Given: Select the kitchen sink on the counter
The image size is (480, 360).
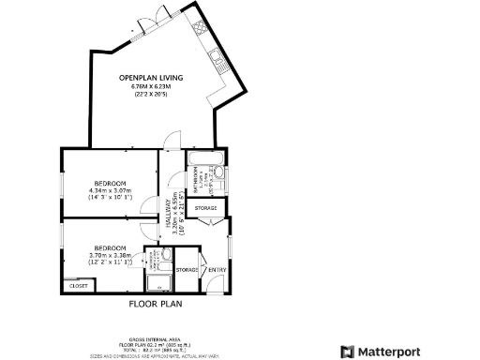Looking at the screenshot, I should click(218, 64).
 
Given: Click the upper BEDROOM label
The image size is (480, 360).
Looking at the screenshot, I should click(111, 182).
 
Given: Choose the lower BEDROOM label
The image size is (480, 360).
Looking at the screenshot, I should click(110, 247).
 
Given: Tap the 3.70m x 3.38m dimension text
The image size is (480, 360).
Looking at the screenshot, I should click(110, 255).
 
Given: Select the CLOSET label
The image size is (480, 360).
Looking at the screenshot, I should click(78, 285).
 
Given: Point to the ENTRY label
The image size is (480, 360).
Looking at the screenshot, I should click(217, 270).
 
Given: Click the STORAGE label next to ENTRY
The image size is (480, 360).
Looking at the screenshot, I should click(187, 270).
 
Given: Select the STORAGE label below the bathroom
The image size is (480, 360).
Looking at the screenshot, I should click(205, 207).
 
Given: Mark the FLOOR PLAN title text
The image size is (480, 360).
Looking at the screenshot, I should click(155, 304).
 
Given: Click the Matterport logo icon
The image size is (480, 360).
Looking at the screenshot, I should click(347, 352).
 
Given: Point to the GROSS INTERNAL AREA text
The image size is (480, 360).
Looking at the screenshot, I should click(154, 339).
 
